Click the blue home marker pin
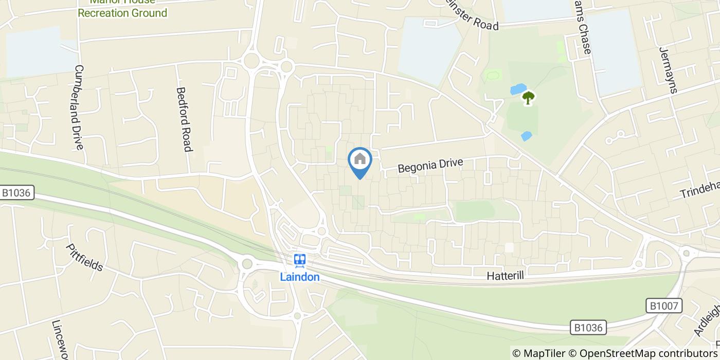click(x=360, y=160)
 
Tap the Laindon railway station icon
click(x=300, y=261)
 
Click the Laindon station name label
click(x=300, y=277)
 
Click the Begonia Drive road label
click(x=431, y=166)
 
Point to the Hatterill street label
click(x=505, y=276)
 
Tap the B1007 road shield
click(x=664, y=307)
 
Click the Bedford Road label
click(x=184, y=119)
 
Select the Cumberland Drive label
click(x=79, y=107)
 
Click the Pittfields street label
click(x=85, y=258)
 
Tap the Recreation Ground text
click(x=122, y=13)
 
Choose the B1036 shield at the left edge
click(x=17, y=193)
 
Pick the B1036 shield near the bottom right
click(x=589, y=327)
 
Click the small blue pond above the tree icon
click(x=518, y=89)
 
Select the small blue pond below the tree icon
click(x=526, y=136)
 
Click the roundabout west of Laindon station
click(x=247, y=264)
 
